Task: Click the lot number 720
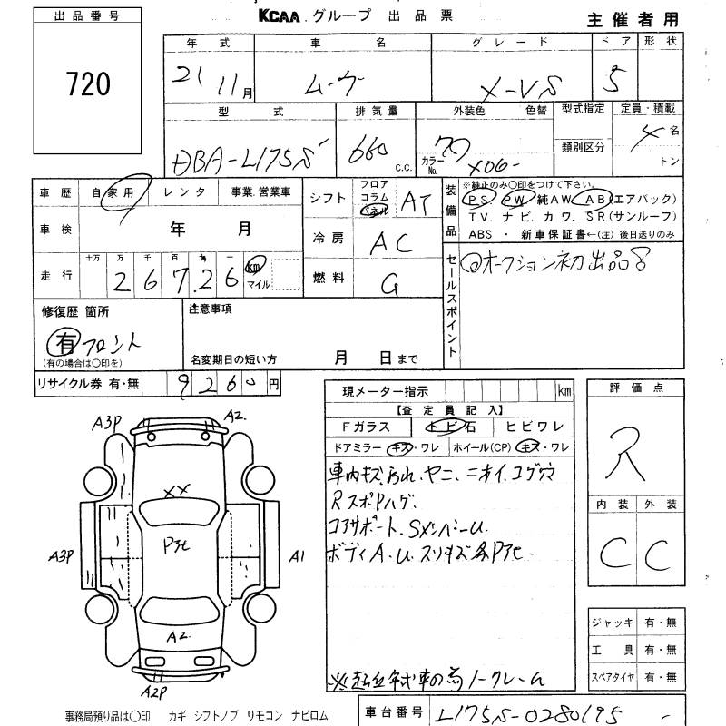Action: click(88, 84)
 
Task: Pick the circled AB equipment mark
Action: click(595, 198)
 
